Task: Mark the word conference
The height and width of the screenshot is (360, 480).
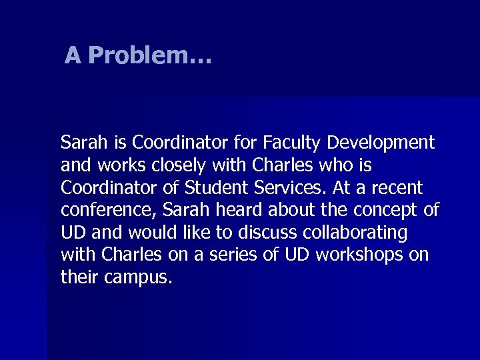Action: tap(97, 210)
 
